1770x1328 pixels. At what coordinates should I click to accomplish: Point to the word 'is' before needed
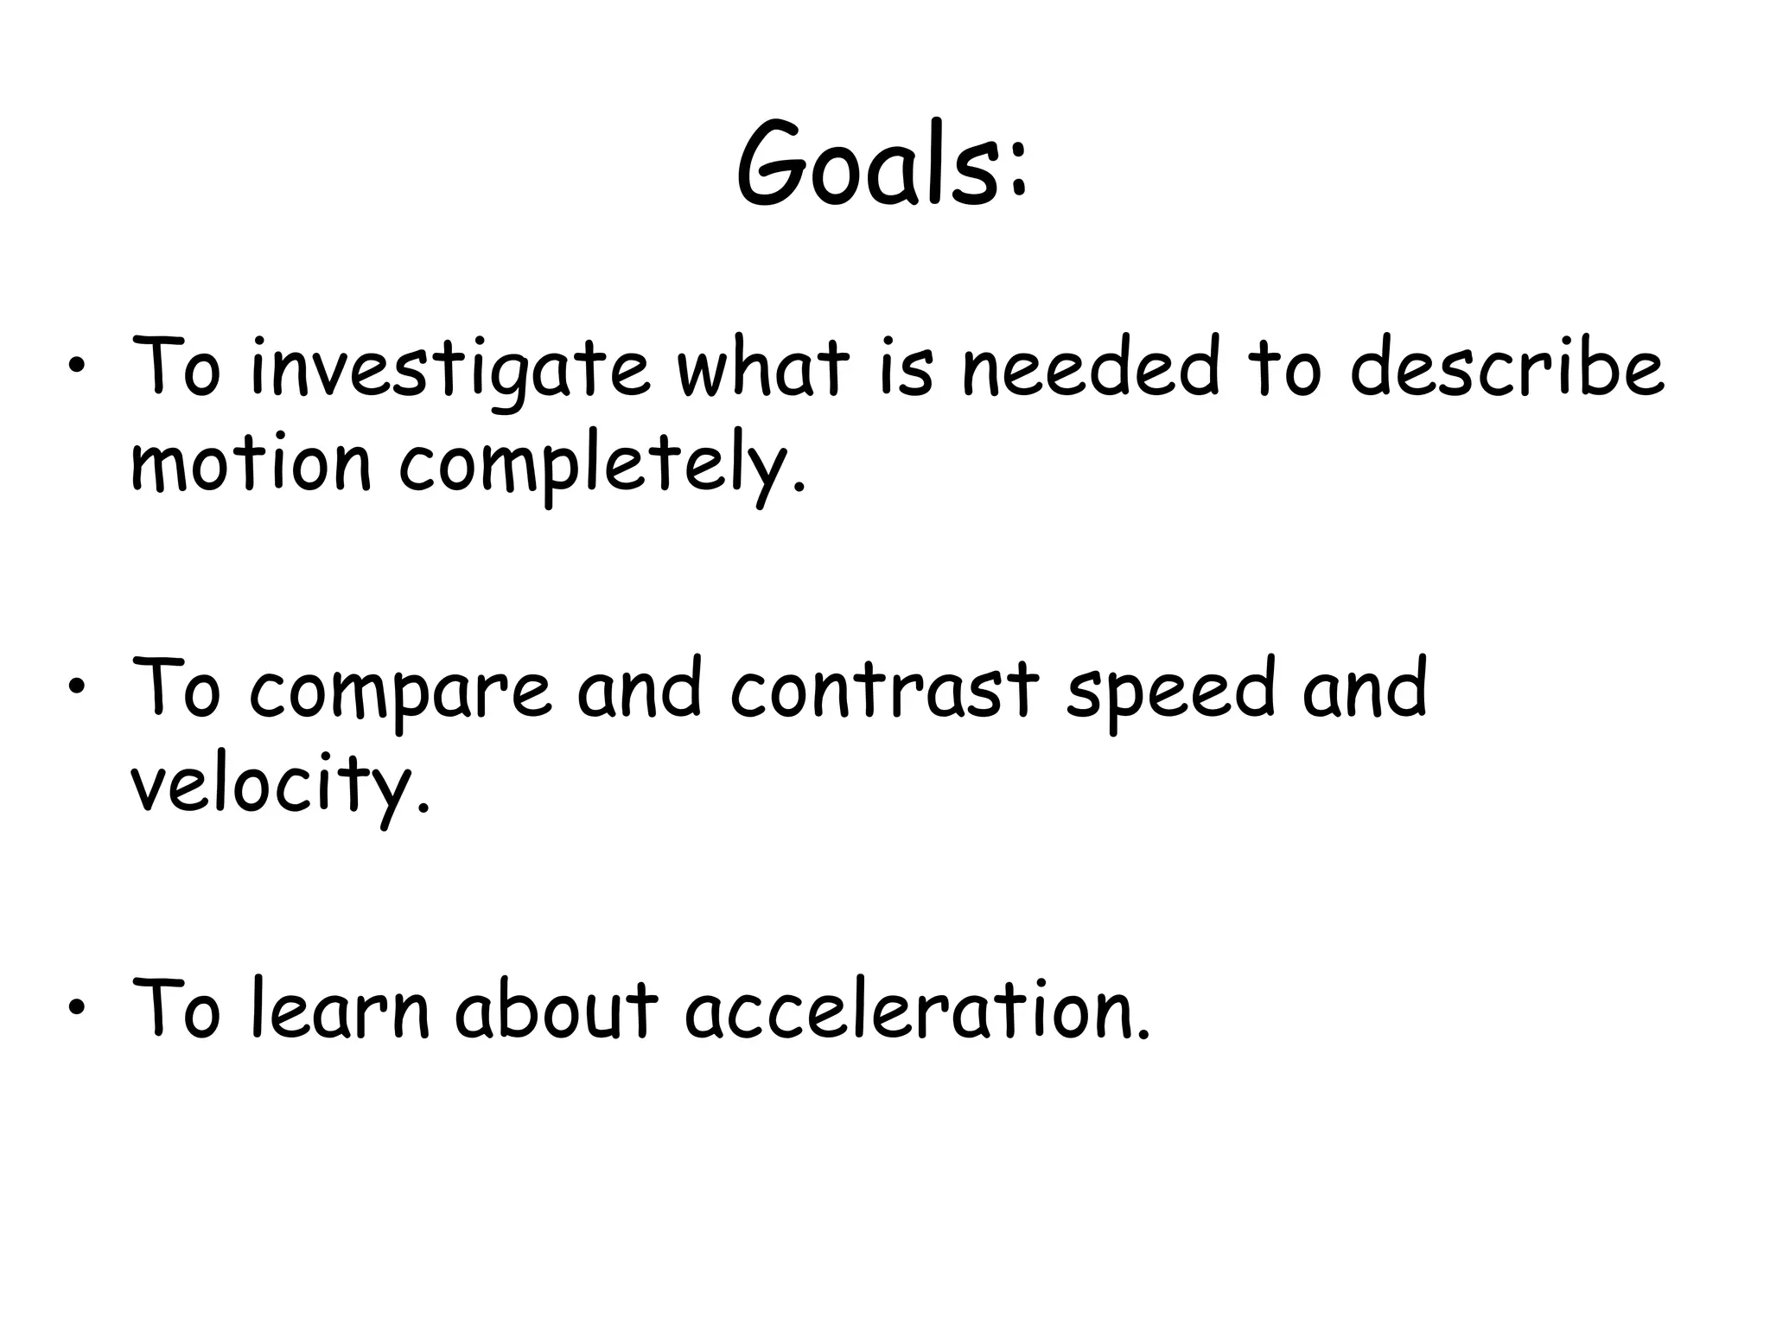tap(907, 367)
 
